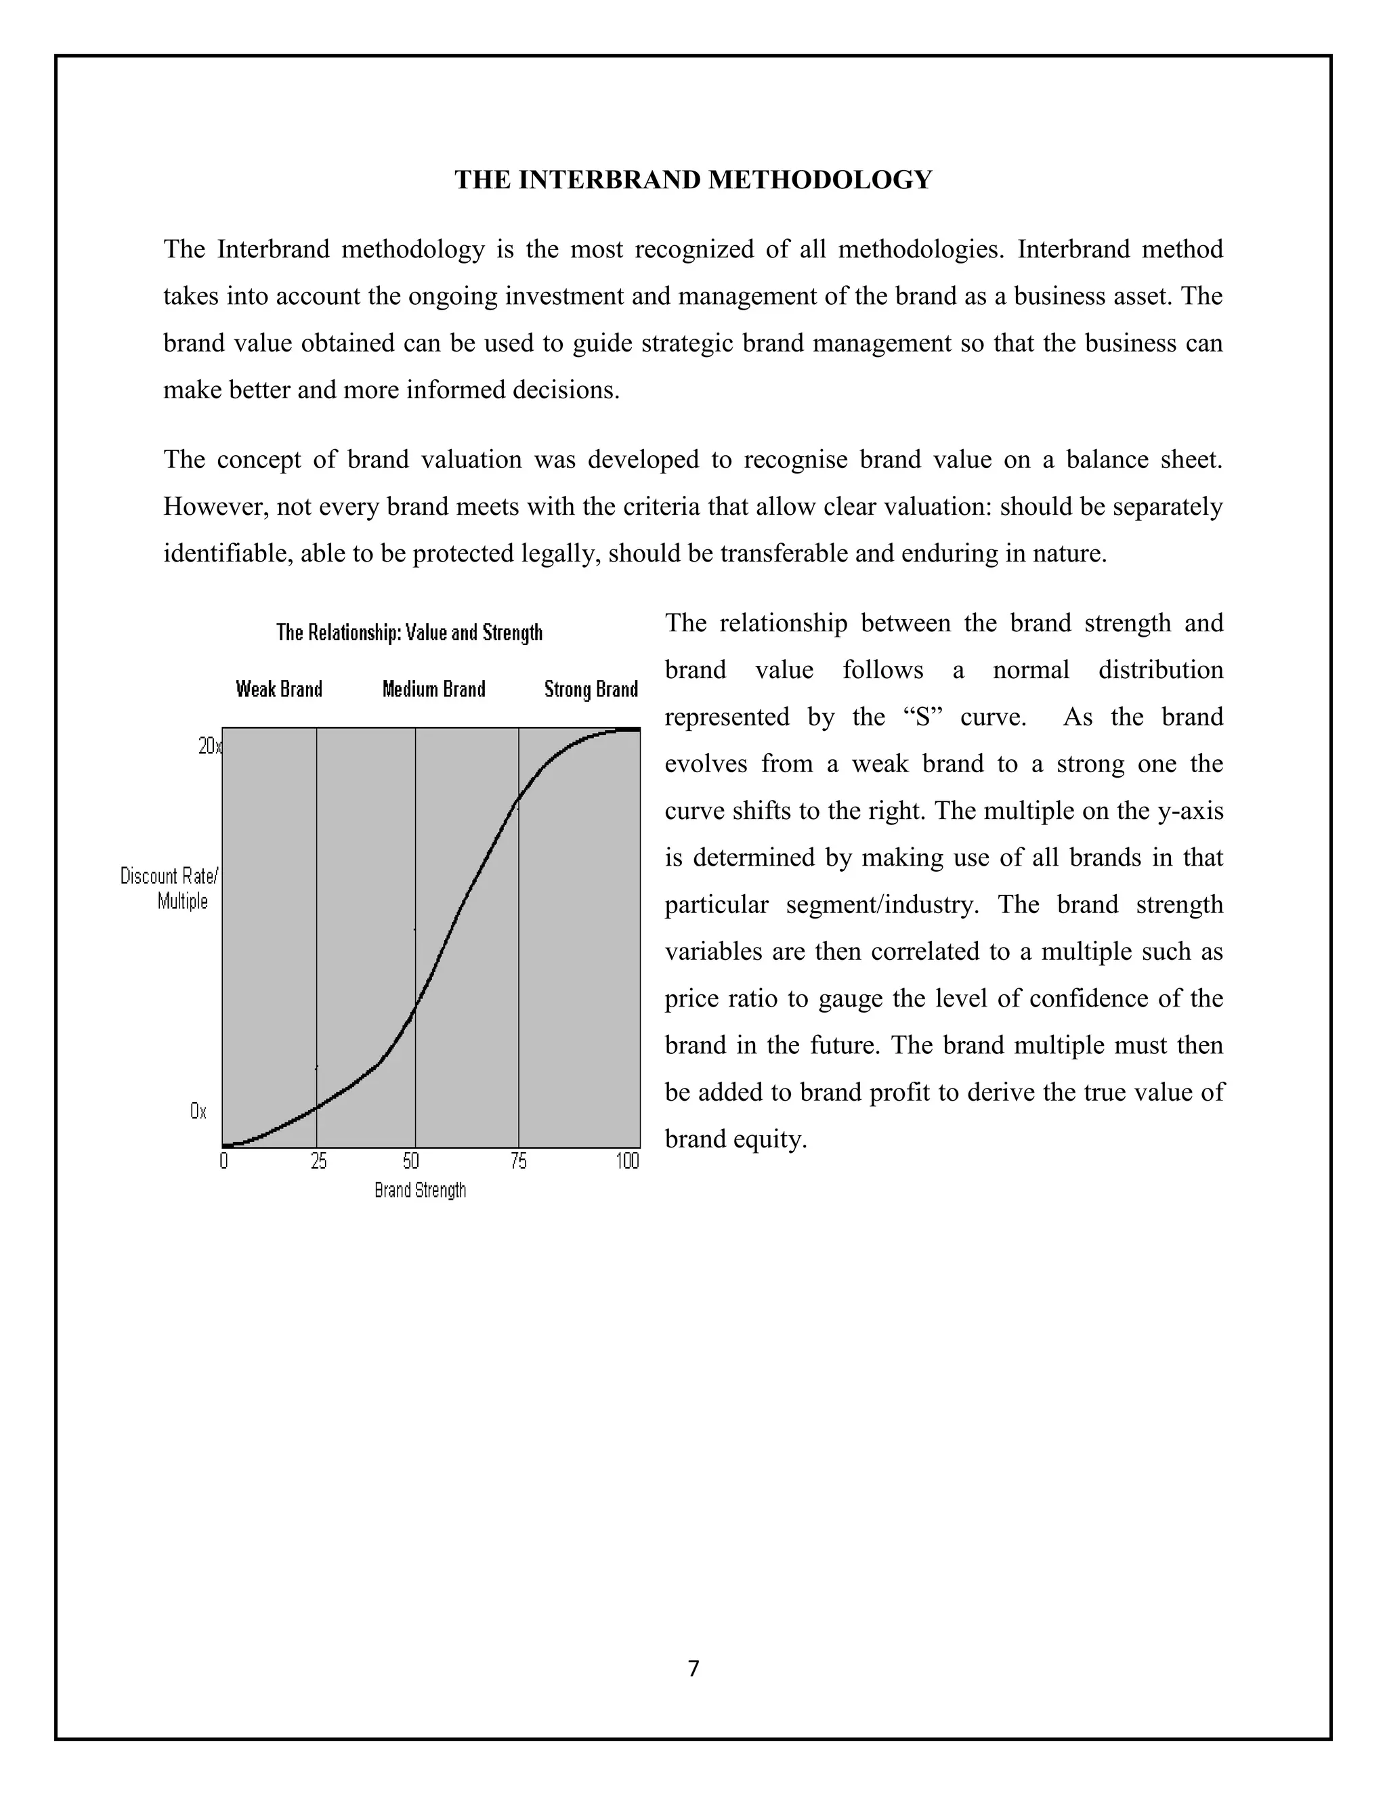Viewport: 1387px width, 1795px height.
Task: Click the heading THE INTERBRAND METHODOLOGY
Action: pos(693,180)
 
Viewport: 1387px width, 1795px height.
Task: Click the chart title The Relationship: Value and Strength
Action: pos(409,633)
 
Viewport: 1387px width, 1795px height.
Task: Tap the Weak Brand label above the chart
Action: pos(280,689)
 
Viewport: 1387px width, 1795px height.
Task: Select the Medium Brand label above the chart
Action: pos(434,689)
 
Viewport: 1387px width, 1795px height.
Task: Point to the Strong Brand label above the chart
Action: pos(591,689)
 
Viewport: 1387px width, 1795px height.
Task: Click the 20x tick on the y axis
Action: pos(209,746)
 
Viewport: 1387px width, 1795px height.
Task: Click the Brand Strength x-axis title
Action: pos(420,1190)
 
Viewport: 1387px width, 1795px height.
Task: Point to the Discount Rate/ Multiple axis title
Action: pos(170,889)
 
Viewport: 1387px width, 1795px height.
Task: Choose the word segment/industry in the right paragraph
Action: pos(882,905)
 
